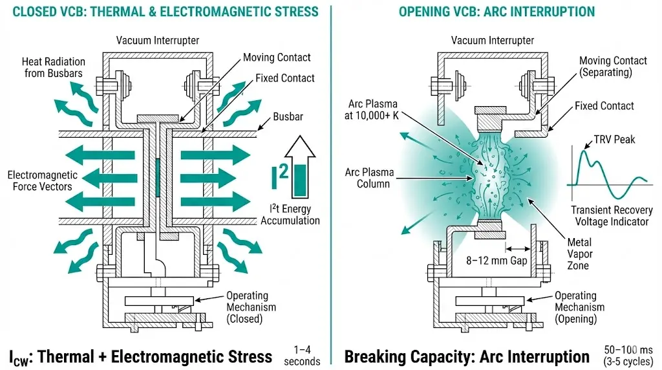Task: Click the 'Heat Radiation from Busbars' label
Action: coord(54,67)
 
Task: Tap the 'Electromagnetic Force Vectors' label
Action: coord(42,180)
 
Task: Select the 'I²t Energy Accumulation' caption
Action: coord(290,215)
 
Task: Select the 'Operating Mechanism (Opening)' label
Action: coord(579,307)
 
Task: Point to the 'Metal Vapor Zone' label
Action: coord(579,254)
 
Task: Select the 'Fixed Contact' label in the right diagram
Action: coord(604,105)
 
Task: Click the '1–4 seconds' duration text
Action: coord(301,355)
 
